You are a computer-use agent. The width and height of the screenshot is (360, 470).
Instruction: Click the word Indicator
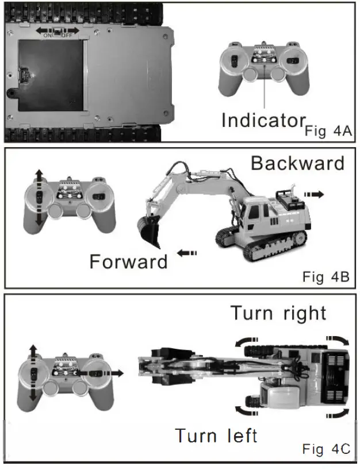pyautogui.click(x=263, y=120)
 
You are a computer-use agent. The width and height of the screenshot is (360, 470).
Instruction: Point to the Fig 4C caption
pyautogui.click(x=325, y=449)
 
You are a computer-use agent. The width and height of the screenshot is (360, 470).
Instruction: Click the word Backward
pyautogui.click(x=297, y=163)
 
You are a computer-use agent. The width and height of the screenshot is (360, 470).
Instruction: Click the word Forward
pyautogui.click(x=128, y=261)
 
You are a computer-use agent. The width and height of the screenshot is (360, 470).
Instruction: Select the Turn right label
pyautogui.click(x=278, y=314)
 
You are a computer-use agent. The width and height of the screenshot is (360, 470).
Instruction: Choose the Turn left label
pyautogui.click(x=216, y=436)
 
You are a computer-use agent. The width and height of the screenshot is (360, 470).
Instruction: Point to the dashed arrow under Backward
pyautogui.click(x=313, y=195)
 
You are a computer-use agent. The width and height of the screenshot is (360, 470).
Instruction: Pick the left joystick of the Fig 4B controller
pyautogui.click(x=39, y=197)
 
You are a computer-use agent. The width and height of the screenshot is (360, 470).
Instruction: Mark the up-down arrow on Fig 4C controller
pyautogui.click(x=33, y=373)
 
